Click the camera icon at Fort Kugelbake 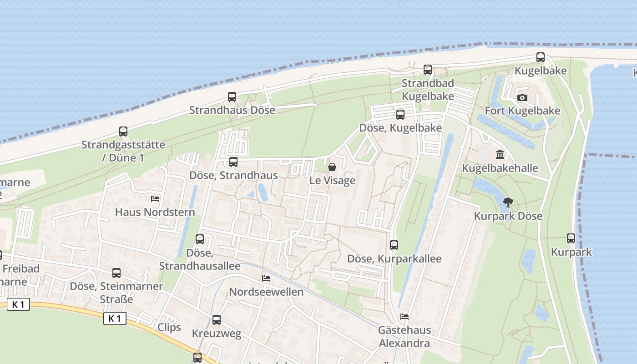522,97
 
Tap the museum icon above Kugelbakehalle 500,155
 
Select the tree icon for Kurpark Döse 508,202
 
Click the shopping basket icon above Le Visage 332,167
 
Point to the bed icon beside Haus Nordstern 155,199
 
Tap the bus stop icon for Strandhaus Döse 232,96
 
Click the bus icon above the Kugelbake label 541,57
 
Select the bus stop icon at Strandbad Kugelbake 428,70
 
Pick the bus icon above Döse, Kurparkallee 394,245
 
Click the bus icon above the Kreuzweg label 217,320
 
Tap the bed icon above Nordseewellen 266,278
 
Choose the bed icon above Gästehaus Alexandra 404,316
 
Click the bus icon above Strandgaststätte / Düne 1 123,131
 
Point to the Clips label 169,327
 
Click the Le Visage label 332,181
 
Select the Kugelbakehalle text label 500,168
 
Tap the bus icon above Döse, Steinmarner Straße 116,273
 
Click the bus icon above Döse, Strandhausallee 200,239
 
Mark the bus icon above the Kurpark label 571,238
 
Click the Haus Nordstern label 155,212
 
